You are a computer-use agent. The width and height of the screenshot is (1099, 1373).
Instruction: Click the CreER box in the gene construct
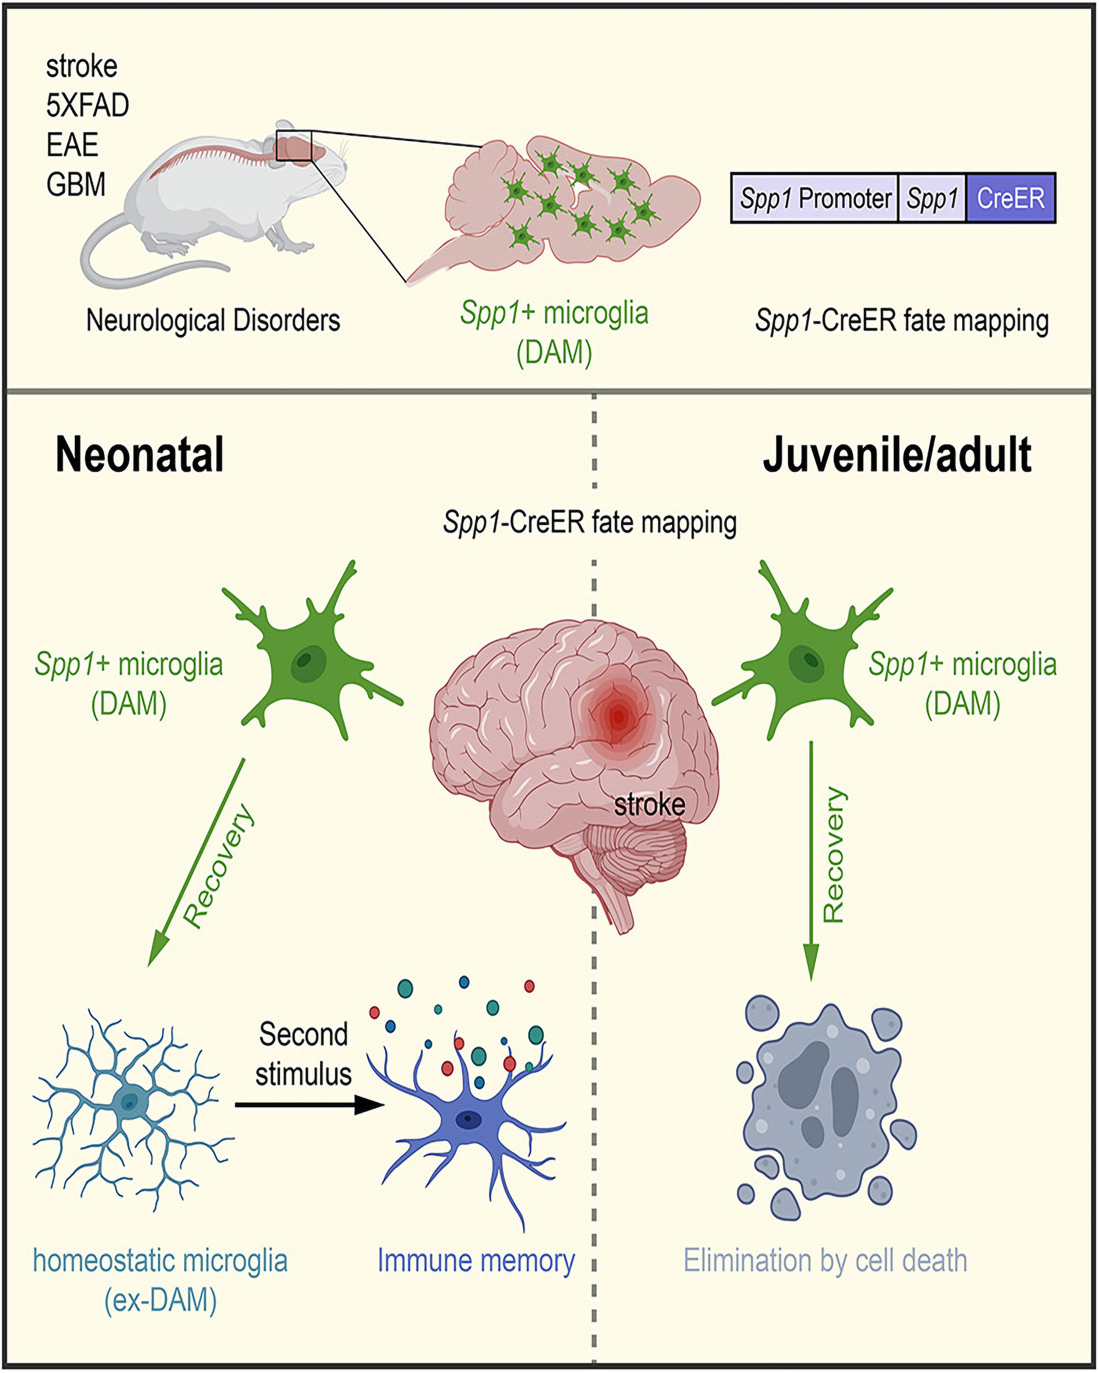1011,198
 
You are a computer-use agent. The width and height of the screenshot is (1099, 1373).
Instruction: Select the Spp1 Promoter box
815,198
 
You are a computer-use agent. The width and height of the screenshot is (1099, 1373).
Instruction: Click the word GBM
76,185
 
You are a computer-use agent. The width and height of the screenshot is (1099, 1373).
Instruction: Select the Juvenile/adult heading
897,455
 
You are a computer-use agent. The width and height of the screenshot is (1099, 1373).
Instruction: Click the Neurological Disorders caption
213,320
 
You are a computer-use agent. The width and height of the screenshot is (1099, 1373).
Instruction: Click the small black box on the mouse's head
294,146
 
